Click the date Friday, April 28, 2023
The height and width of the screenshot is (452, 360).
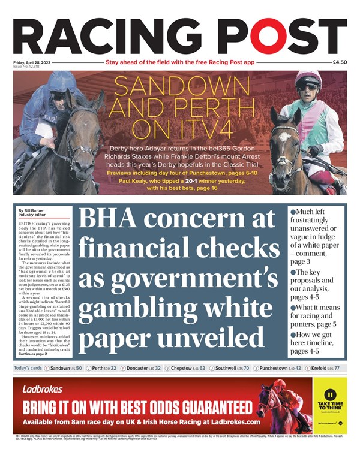(x=34, y=62)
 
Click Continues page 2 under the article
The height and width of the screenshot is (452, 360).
(x=35, y=354)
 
